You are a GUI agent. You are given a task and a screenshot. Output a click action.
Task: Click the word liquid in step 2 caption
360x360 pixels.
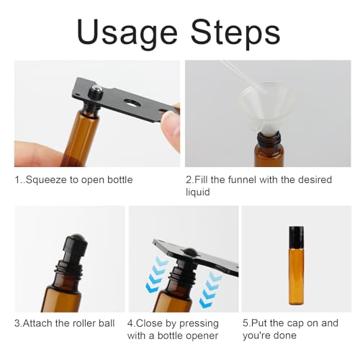pyautogui.click(x=199, y=192)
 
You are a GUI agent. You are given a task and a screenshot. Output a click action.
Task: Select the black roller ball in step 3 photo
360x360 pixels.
pyautogui.click(x=77, y=244)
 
